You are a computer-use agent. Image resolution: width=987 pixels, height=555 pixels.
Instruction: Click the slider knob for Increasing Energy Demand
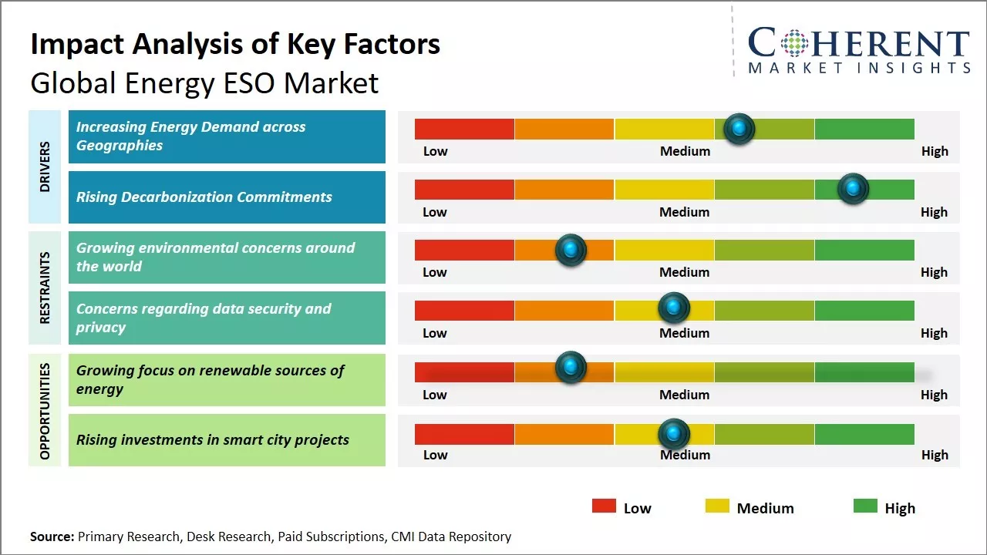click(x=739, y=129)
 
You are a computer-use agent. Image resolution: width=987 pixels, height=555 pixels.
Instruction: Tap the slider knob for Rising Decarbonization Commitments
click(x=853, y=189)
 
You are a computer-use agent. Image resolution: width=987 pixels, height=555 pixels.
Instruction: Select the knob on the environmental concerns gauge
click(x=571, y=250)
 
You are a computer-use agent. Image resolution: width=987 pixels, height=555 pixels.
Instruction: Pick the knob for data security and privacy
click(x=674, y=308)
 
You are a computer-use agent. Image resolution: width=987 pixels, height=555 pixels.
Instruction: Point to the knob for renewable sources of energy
click(x=571, y=368)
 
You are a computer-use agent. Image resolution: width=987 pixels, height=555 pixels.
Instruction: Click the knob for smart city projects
click(x=674, y=433)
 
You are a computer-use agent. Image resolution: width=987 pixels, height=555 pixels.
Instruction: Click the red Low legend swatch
click(x=604, y=506)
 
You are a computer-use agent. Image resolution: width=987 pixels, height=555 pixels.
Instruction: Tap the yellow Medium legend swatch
click(x=717, y=506)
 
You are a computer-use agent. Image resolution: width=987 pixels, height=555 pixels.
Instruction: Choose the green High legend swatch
click(x=865, y=506)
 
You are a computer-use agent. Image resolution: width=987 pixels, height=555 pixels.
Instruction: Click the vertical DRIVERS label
click(x=45, y=166)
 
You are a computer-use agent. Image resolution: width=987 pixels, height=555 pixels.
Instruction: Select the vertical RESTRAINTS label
click(x=45, y=288)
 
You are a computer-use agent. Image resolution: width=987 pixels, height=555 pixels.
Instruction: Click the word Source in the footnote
click(x=52, y=536)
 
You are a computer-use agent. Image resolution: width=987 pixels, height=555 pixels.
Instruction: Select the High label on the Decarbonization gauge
click(x=934, y=212)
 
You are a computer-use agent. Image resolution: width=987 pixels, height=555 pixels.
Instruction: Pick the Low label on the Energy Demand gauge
click(x=435, y=151)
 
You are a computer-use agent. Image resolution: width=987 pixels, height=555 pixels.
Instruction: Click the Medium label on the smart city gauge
click(x=685, y=455)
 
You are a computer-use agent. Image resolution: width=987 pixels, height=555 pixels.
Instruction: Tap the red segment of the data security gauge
click(x=464, y=310)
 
